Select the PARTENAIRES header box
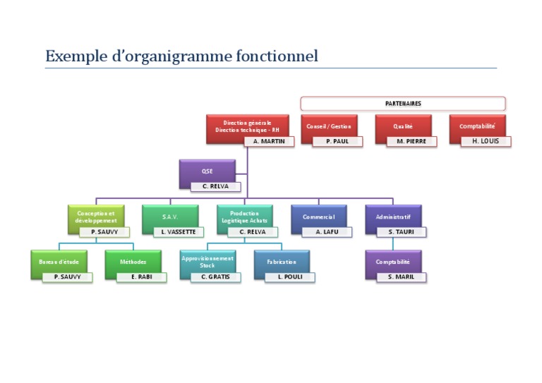pyautogui.click(x=403, y=103)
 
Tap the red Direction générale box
pyautogui.click(x=247, y=126)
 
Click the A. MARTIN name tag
pyautogui.click(x=268, y=141)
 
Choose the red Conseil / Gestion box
pyautogui.click(x=328, y=126)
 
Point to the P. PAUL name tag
pyautogui.click(x=337, y=141)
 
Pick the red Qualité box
pyautogui.click(x=403, y=126)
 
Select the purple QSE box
pyautogui.click(x=207, y=171)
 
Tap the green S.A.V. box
pyautogui.click(x=169, y=217)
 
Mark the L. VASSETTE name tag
pyautogui.click(x=178, y=231)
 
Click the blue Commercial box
pyautogui.click(x=318, y=217)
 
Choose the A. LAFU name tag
pyautogui.click(x=327, y=231)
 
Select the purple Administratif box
pyautogui.click(x=393, y=217)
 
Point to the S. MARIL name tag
pyautogui.click(x=401, y=277)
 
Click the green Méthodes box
pyautogui.click(x=133, y=262)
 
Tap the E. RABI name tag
pyautogui.click(x=142, y=277)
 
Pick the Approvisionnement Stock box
pyautogui.click(x=207, y=260)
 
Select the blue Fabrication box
pyautogui.click(x=282, y=262)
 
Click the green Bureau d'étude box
pyautogui.click(x=59, y=262)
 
